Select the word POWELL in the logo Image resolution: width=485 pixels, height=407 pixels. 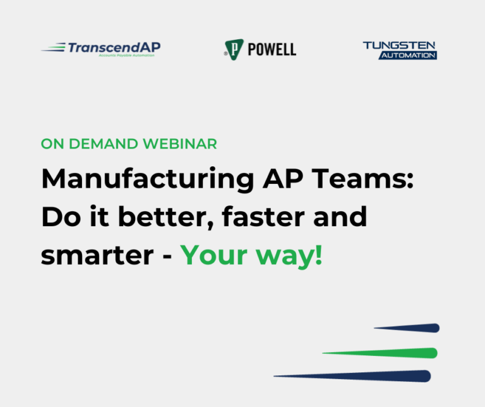tap(272, 49)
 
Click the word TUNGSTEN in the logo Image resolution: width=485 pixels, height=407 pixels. tap(399, 46)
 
